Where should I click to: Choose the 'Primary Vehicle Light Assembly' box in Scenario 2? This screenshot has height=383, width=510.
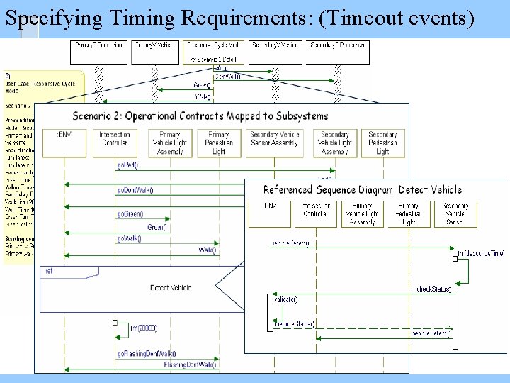click(x=170, y=143)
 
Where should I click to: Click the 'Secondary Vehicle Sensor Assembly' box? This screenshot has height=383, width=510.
click(x=276, y=143)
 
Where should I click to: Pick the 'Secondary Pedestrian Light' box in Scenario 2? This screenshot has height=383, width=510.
click(x=382, y=143)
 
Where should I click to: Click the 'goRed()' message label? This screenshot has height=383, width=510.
click(x=127, y=165)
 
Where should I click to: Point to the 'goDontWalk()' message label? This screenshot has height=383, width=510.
click(x=135, y=190)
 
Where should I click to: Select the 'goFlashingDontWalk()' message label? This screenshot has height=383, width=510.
click(x=147, y=353)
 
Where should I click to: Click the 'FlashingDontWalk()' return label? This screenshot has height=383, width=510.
click(x=190, y=365)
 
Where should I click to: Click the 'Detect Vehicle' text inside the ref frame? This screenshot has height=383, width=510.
click(x=171, y=287)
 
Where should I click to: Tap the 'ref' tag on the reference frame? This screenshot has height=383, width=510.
click(x=49, y=270)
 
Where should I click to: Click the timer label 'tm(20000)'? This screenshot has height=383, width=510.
click(x=144, y=328)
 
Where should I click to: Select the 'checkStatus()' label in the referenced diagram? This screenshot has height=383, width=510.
click(x=434, y=289)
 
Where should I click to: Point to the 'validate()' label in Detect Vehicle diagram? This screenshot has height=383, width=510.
click(x=285, y=299)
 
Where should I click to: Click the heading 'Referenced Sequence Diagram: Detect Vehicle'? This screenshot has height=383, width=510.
click(x=362, y=189)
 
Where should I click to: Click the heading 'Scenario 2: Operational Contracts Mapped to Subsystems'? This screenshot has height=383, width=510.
click(x=200, y=116)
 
